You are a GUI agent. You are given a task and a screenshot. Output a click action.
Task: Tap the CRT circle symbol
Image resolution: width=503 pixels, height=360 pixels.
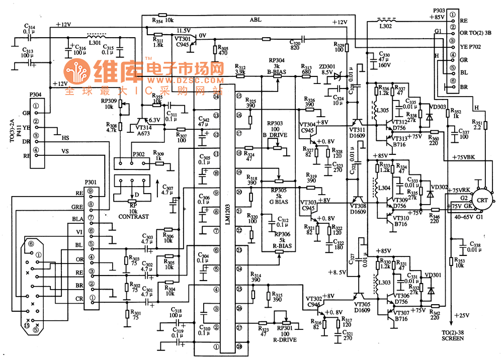(482, 200)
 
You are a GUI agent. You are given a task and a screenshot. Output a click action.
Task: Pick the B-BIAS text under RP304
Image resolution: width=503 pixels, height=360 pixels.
(277, 72)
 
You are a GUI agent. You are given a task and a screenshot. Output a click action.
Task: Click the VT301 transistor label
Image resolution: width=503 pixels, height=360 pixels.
(182, 39)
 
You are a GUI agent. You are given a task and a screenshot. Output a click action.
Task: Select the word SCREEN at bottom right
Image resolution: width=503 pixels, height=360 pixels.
(450, 338)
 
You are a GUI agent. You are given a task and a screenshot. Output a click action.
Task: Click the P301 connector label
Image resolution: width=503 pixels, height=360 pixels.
(91, 183)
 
